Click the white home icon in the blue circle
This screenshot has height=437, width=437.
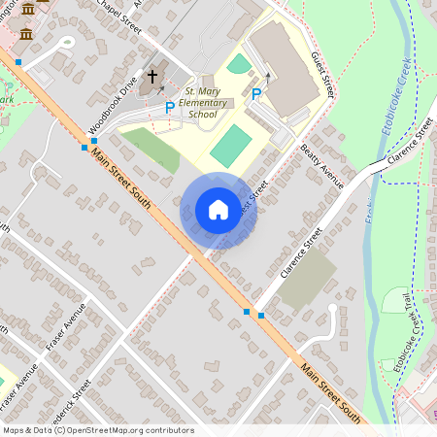(x=218, y=210)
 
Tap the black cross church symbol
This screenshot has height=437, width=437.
(x=151, y=76)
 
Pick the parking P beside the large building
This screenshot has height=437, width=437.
(x=256, y=94)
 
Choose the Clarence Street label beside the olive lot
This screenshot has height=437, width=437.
(x=300, y=252)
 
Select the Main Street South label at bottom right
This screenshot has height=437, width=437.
(x=331, y=393)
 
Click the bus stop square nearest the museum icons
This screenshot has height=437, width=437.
(x=17, y=62)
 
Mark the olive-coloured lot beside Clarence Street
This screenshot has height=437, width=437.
(x=308, y=279)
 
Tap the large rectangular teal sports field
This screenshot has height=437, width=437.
(x=230, y=145)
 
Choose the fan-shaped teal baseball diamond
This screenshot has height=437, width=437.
(x=239, y=64)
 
